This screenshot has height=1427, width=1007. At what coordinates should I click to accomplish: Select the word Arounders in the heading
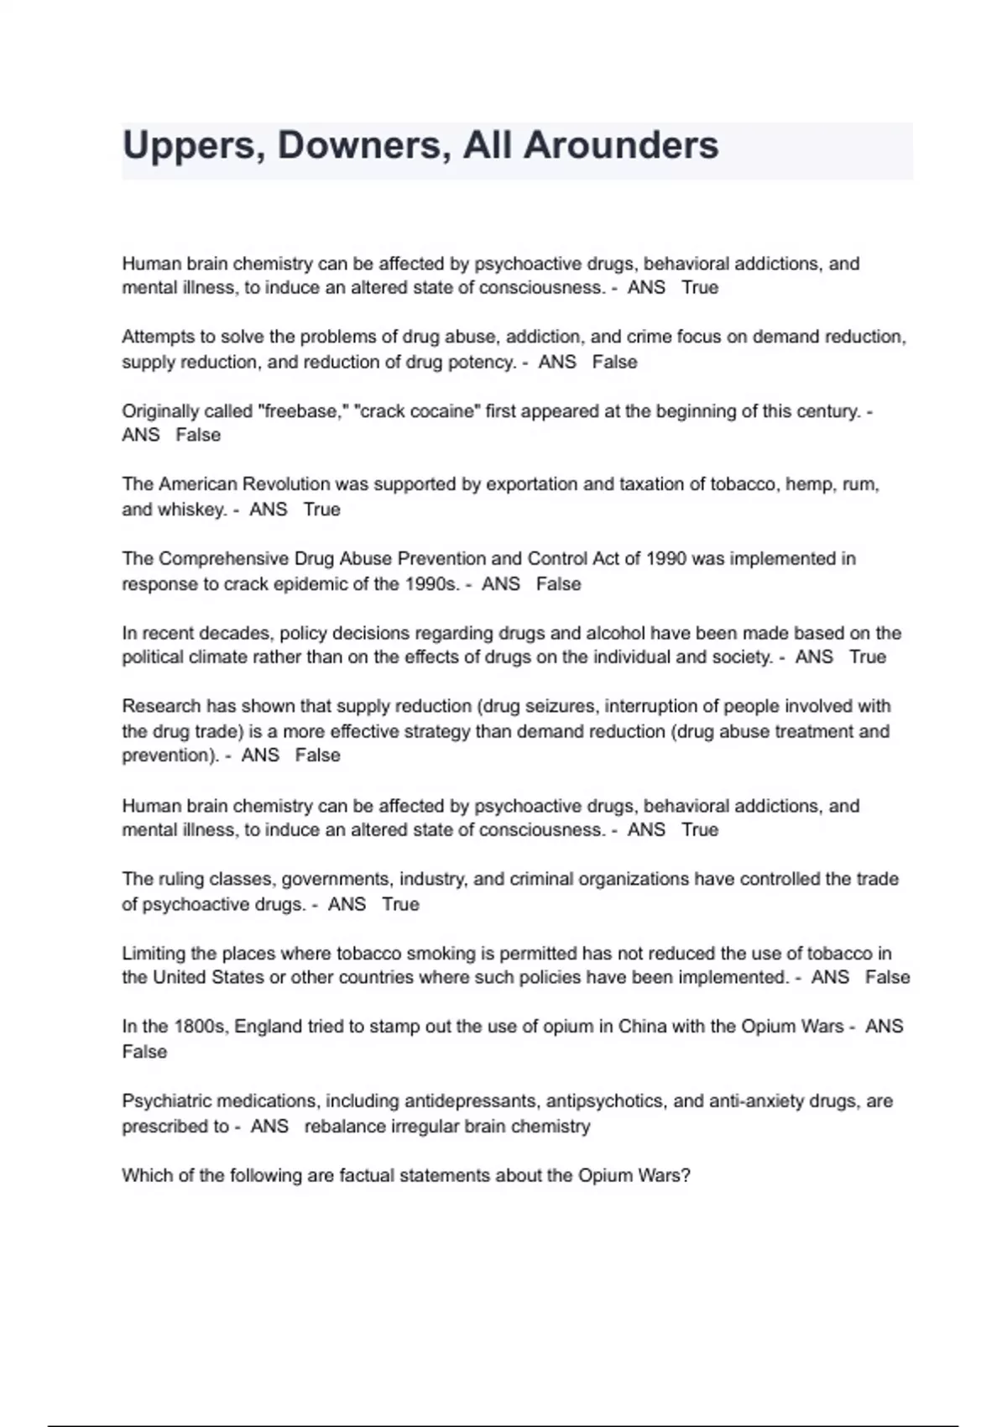[621, 146]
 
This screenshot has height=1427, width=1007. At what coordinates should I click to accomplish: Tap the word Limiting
[154, 954]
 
